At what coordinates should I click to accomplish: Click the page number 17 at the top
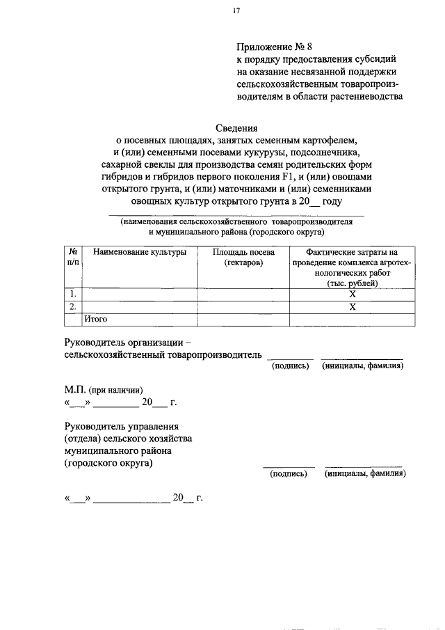coord(236,12)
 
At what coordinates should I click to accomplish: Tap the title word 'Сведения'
coord(236,127)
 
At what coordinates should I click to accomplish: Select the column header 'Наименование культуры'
coord(140,252)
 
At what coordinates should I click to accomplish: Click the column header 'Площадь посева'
coord(243,252)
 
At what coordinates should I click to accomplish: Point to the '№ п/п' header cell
coord(73,257)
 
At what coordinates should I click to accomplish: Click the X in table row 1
coord(352,294)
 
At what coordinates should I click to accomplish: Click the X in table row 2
coord(352,307)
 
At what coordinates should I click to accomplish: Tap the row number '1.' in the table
coord(73,294)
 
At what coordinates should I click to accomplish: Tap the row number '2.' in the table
coord(73,307)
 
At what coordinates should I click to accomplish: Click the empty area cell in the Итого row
coord(243,320)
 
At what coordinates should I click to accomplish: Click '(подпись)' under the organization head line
coord(289,365)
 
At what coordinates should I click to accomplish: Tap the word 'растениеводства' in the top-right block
coord(368,97)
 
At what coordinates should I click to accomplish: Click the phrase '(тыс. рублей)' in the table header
coord(352,283)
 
